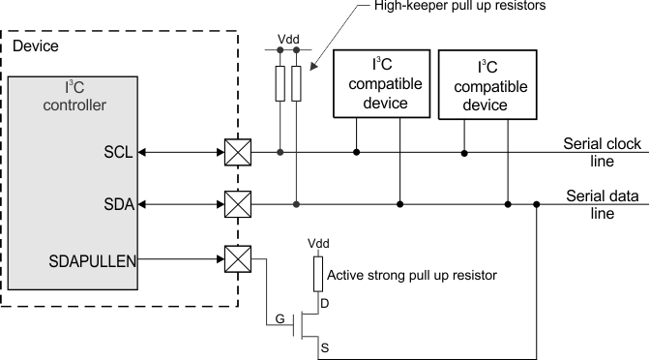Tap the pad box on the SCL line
click(237, 152)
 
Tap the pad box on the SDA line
click(237, 203)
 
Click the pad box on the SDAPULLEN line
click(237, 258)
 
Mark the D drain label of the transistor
click(325, 302)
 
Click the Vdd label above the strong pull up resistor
click(316, 243)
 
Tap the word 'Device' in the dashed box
click(35, 45)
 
